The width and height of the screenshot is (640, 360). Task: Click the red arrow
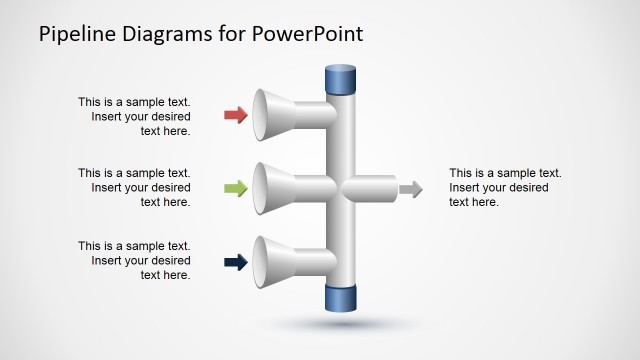click(x=236, y=115)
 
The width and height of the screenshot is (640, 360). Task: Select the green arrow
click(x=236, y=188)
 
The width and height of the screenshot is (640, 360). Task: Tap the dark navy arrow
click(x=236, y=263)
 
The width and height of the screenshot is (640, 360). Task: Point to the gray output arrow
click(x=410, y=189)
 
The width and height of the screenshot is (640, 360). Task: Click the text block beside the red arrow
click(x=134, y=116)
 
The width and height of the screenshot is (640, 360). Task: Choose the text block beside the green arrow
click(x=134, y=188)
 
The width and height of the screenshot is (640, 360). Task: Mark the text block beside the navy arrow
click(x=134, y=260)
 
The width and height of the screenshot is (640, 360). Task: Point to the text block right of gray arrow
click(x=505, y=188)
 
